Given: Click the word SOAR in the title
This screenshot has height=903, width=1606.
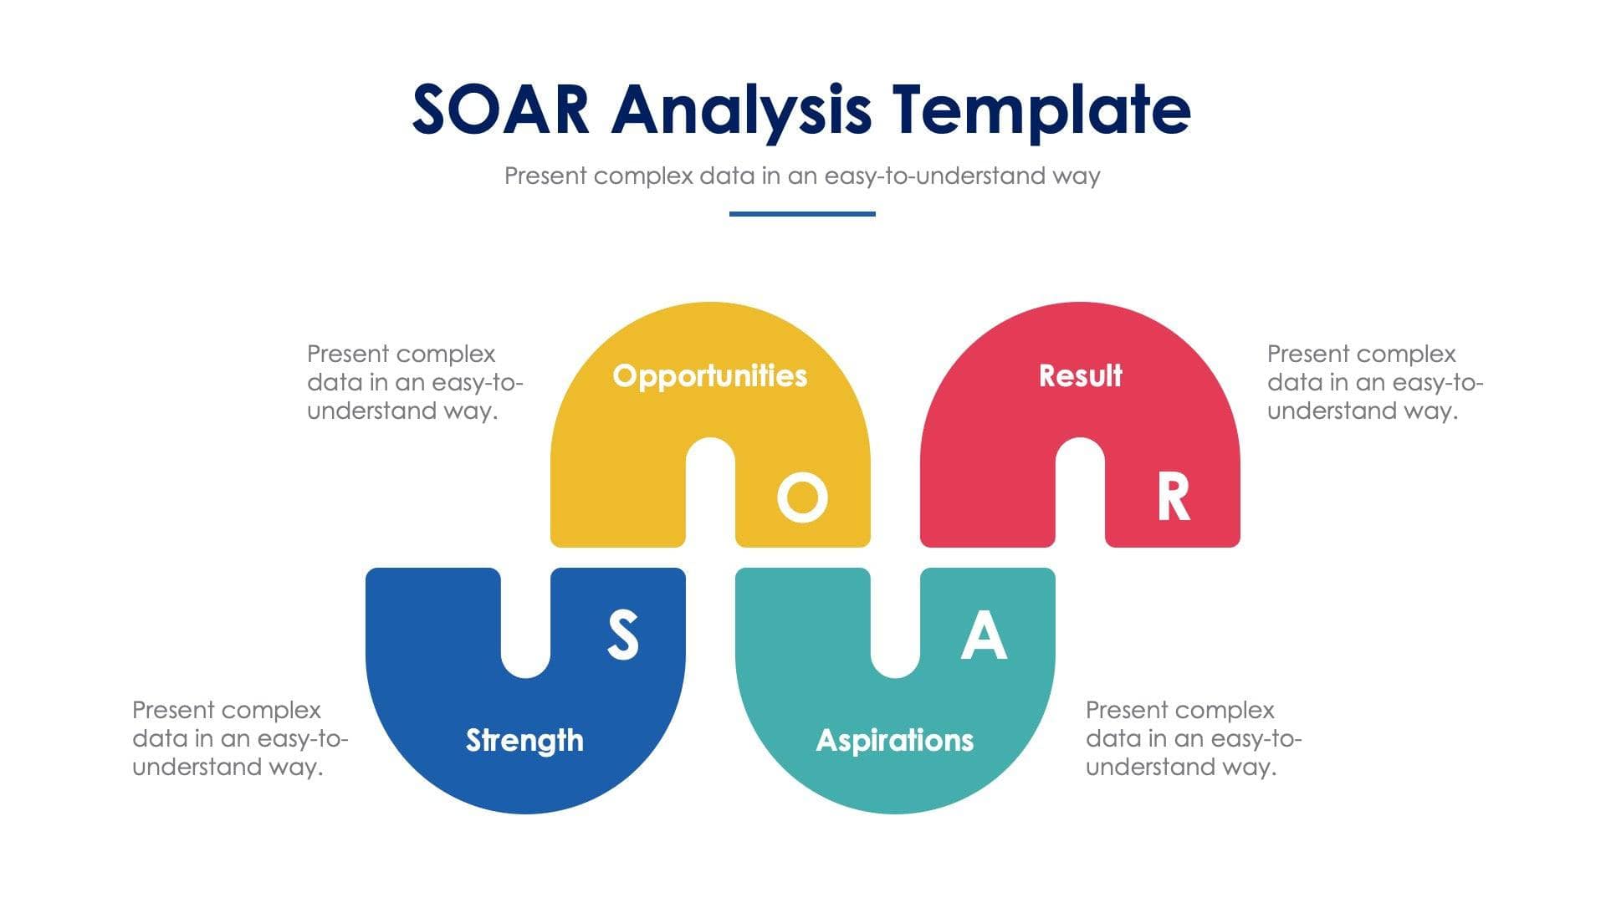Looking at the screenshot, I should (501, 110).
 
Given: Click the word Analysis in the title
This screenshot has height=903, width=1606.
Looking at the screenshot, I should (741, 110).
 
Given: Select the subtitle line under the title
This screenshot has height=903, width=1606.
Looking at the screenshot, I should (801, 176).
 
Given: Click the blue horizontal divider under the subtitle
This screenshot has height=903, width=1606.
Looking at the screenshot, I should (801, 214).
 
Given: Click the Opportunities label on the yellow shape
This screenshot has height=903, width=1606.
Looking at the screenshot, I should (709, 375).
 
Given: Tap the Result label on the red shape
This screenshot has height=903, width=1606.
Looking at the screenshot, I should (1080, 375).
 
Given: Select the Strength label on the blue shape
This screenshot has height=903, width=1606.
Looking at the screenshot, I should (524, 740).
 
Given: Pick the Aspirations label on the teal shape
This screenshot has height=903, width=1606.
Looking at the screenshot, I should (894, 740).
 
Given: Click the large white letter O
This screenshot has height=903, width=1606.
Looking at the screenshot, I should (802, 497).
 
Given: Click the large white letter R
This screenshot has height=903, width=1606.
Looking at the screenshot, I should (1173, 497).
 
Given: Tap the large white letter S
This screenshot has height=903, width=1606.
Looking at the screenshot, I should (622, 635).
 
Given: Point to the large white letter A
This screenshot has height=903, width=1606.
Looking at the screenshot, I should (984, 635).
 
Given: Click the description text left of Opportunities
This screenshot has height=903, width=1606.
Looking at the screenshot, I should (414, 382).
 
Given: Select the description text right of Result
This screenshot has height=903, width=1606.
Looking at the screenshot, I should (1374, 382).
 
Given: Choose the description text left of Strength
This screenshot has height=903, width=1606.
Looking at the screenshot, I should (239, 738).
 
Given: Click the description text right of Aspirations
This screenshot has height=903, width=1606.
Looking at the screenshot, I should (1193, 738).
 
